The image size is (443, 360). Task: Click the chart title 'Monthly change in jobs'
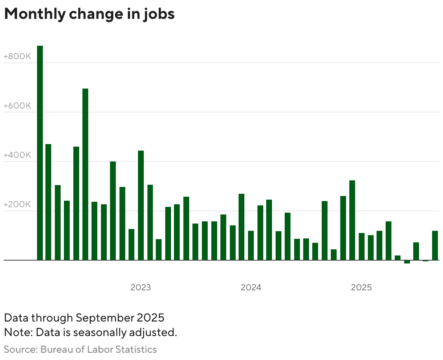point(89,14)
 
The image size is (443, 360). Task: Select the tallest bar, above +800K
point(40,152)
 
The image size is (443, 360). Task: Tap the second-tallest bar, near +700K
point(85,174)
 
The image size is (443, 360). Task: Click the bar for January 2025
point(362,246)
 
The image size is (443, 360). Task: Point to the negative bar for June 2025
point(407,262)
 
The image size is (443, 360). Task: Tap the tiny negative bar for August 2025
point(426,261)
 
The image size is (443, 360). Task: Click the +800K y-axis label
point(17,57)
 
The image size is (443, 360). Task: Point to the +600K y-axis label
point(17,106)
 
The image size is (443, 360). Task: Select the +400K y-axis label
point(17,155)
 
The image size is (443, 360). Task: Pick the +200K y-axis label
point(17,204)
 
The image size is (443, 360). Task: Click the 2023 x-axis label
point(141,288)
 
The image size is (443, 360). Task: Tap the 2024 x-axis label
point(251,288)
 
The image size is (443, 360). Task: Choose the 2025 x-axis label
point(361,288)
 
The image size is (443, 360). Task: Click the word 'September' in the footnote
point(105,318)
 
